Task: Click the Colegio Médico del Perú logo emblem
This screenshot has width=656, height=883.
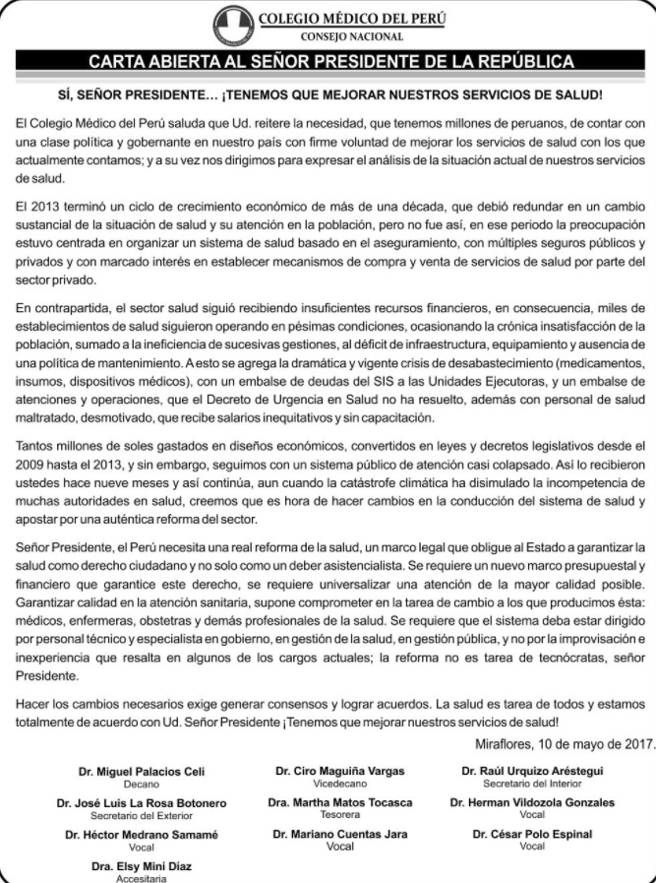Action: click(x=233, y=24)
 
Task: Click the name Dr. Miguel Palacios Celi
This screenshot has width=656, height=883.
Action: click(x=142, y=772)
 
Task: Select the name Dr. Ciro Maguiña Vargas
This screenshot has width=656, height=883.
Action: click(x=339, y=771)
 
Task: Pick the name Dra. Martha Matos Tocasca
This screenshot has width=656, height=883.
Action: click(x=339, y=803)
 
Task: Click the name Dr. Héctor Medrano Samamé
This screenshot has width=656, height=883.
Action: click(x=142, y=835)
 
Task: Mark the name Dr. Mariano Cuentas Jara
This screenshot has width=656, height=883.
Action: click(x=339, y=835)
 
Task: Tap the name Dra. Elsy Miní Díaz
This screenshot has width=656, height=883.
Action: click(x=143, y=867)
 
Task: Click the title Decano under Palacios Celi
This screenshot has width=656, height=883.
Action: click(x=142, y=785)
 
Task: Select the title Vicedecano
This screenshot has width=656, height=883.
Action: click(x=339, y=784)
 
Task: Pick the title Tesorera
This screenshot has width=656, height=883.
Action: click(x=339, y=816)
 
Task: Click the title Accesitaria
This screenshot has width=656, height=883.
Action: click(x=143, y=879)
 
